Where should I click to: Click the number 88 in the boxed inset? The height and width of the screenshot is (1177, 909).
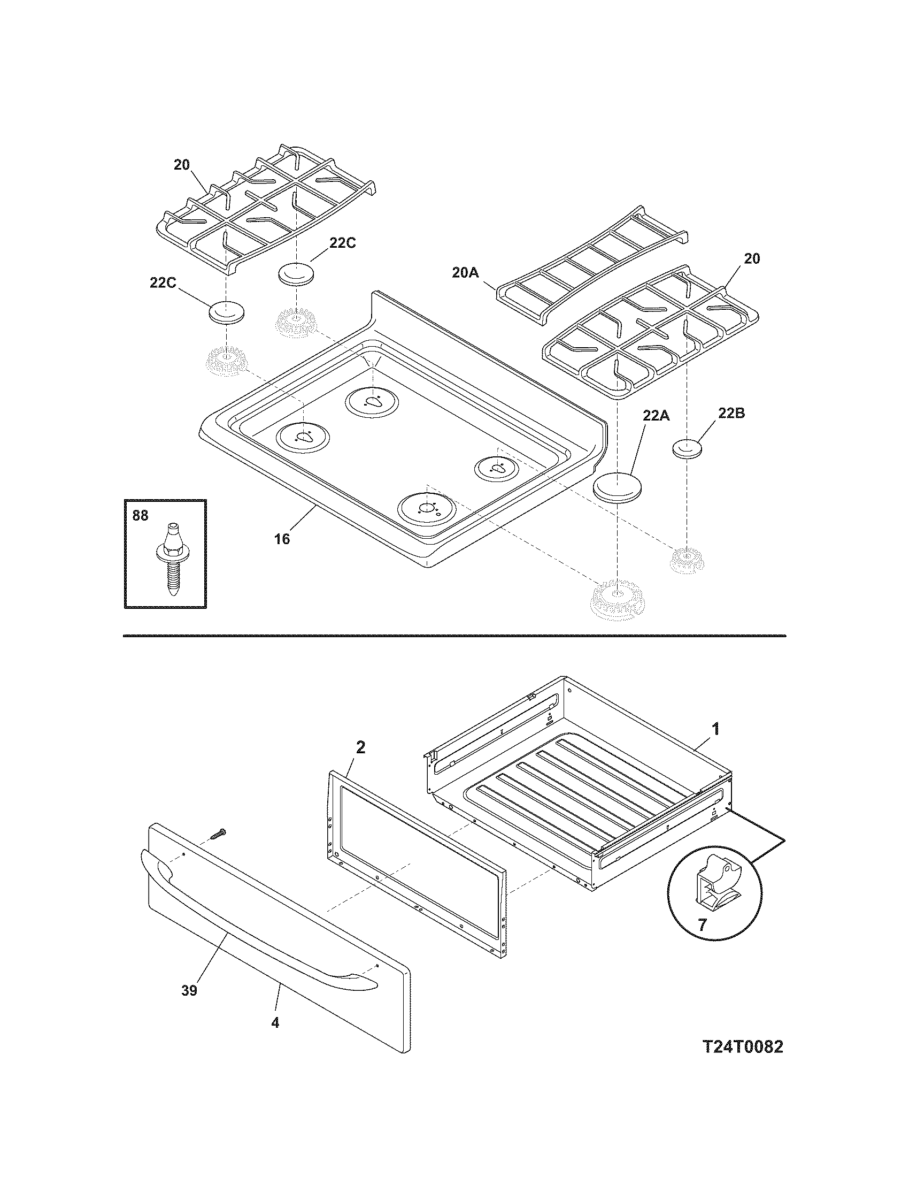[x=140, y=516]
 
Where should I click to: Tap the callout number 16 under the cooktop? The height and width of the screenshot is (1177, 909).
[x=282, y=538]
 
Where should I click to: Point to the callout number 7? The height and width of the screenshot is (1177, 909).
[x=702, y=926]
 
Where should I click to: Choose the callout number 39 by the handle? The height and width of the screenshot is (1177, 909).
[x=189, y=990]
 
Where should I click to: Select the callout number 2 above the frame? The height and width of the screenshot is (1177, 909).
[x=360, y=747]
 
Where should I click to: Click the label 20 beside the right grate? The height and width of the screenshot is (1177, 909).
[x=752, y=259]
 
